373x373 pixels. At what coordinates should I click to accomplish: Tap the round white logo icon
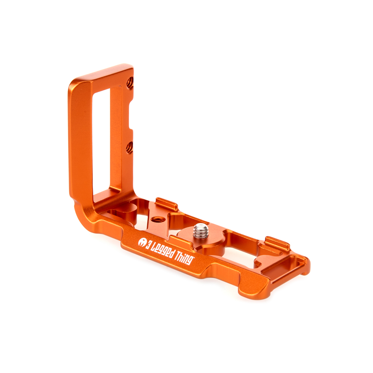(x=142, y=242)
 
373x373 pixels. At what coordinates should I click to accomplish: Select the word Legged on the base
(x=163, y=251)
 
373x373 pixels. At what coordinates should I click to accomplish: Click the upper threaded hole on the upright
(x=130, y=82)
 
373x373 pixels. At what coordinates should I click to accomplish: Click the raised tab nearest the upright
(x=166, y=204)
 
